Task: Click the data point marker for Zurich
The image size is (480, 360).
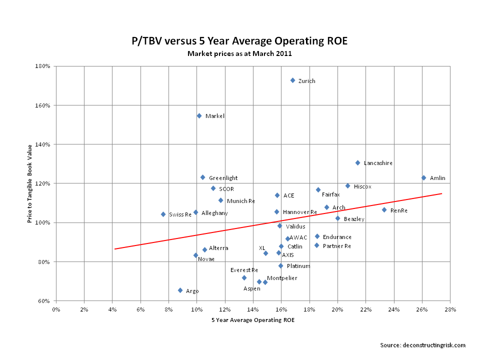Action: (x=293, y=80)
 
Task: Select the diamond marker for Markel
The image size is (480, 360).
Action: (x=199, y=115)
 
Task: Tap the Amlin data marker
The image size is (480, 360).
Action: (x=423, y=177)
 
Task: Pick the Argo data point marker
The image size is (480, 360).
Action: (x=180, y=290)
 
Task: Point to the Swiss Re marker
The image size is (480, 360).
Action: (x=163, y=214)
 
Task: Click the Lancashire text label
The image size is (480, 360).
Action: (x=378, y=163)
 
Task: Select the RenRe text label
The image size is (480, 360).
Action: (x=398, y=210)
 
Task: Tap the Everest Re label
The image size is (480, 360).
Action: (x=244, y=270)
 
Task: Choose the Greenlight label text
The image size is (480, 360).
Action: (x=223, y=178)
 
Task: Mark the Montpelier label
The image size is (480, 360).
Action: (x=282, y=278)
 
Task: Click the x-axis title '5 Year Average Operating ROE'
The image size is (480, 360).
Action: (x=253, y=320)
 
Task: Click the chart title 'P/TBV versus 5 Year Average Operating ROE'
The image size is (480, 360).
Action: (x=239, y=41)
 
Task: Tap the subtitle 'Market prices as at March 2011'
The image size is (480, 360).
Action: (x=239, y=53)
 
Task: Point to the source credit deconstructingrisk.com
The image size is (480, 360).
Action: (x=423, y=345)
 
